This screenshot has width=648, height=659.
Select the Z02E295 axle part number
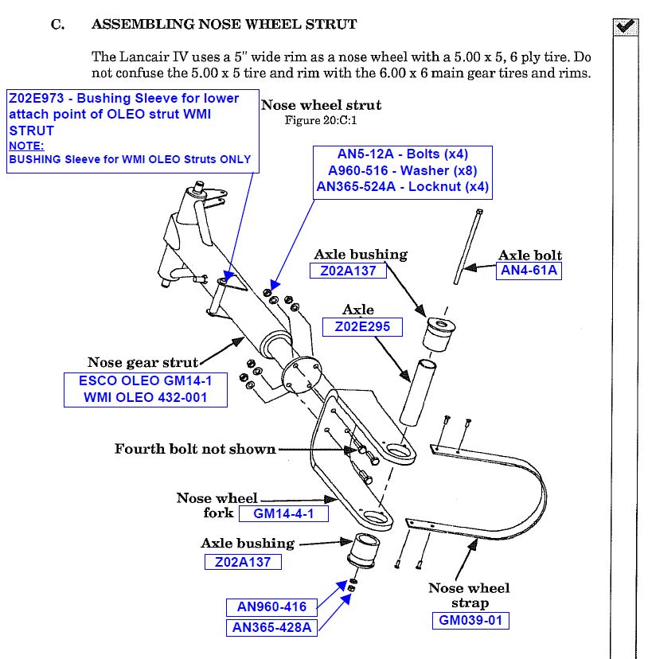click(357, 326)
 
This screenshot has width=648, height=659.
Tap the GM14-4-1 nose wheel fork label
click(283, 513)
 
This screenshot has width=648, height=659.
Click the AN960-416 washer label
click(271, 607)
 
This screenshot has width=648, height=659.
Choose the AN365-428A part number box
click(271, 627)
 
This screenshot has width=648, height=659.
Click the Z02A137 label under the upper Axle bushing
click(348, 271)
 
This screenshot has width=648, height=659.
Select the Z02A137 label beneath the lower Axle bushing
click(243, 562)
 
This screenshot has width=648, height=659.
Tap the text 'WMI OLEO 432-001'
click(143, 397)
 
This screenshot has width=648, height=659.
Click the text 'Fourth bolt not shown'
click(195, 449)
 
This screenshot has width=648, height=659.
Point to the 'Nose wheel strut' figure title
click(321, 105)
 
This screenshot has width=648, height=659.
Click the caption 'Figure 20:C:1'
click(320, 120)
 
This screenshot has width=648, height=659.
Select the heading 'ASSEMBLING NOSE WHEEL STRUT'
click(224, 24)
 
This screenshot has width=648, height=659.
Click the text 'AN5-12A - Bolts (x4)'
click(402, 154)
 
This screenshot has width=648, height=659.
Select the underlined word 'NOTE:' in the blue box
click(26, 146)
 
